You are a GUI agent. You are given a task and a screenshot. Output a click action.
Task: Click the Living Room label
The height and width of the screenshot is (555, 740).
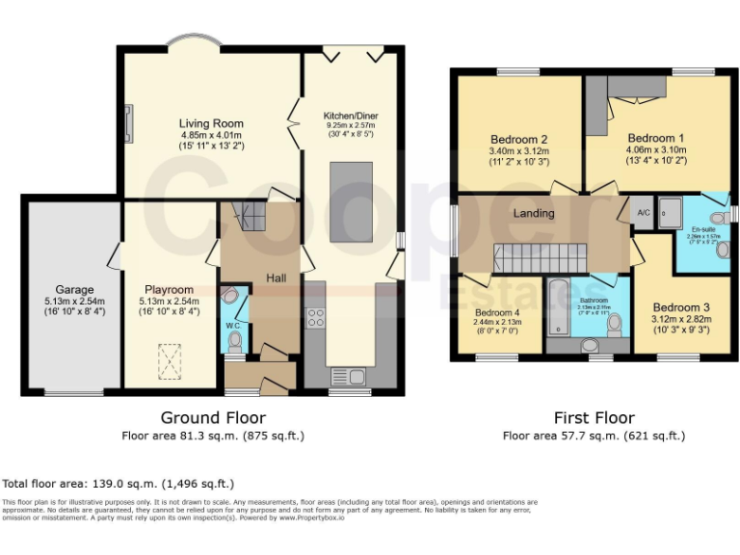(211, 123)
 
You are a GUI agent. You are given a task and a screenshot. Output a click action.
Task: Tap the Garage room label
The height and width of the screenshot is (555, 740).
(73, 289)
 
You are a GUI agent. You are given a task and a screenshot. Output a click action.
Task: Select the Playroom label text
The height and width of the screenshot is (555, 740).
(170, 289)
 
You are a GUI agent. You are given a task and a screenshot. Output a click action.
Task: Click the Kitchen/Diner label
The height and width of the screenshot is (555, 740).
(351, 116)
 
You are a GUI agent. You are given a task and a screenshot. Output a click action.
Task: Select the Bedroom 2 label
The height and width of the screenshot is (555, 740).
(518, 139)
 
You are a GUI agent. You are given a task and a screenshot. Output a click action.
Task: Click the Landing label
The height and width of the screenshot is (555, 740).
(534, 213)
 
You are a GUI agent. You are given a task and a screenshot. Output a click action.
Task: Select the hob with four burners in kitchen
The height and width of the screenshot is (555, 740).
(315, 317)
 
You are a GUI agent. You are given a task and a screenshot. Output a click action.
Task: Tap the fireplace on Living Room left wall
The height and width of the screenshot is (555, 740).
(127, 123)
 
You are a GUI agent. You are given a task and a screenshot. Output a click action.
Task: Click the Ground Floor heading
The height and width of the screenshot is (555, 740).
(213, 418)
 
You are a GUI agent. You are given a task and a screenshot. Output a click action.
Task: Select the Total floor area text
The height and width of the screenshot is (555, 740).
(119, 484)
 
